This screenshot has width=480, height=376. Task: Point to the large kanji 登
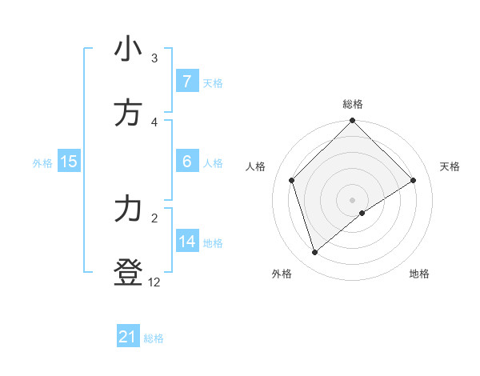128,274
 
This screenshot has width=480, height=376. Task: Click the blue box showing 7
186,82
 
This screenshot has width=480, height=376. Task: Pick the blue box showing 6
186,162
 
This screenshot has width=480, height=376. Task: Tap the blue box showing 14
187,242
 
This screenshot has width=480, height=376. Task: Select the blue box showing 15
69,162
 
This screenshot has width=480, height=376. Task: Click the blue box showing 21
128,338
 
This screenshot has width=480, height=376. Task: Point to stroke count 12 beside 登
154,282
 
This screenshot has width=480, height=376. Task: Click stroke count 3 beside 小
154,58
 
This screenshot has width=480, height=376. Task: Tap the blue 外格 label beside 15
42,162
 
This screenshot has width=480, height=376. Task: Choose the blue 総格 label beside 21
154,338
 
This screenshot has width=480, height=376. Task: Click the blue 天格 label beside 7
213,82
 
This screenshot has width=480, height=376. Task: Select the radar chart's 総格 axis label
353,104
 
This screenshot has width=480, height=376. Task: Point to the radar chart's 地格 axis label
419,274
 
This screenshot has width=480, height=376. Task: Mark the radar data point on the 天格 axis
414,180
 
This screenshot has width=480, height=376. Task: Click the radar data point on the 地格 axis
362,213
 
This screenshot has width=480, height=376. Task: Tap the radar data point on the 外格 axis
315,253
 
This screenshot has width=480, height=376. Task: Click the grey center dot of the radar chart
353,199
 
